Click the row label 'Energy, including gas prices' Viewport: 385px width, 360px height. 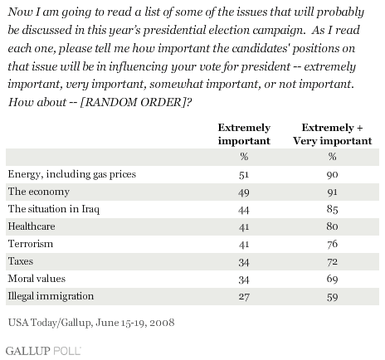tap(72, 174)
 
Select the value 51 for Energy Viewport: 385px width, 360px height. tap(244, 175)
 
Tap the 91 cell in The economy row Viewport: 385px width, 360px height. tap(332, 192)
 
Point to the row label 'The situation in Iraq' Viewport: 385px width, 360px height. tap(54, 209)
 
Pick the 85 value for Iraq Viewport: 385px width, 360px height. tap(332, 209)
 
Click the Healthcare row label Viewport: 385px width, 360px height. tap(32, 226)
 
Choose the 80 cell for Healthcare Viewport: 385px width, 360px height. tap(332, 226)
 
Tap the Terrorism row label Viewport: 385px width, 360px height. tap(31, 244)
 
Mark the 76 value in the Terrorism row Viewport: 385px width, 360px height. tap(332, 244)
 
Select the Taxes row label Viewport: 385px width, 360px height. tap(21, 261)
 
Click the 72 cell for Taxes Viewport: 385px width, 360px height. tap(332, 261)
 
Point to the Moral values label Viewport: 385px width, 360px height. tap(37, 279)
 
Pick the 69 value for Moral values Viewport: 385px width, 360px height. tap(332, 279)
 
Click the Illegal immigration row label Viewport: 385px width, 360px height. tap(51, 296)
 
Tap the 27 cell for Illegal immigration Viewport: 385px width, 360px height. tap(244, 297)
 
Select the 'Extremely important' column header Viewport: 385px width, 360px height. tap(244, 134)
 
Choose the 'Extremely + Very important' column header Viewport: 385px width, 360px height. tap(333, 134)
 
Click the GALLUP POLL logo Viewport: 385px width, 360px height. tap(43, 351)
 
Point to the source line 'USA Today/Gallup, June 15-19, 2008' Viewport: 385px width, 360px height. tap(91, 323)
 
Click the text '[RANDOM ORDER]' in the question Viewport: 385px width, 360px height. tap(132, 102)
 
